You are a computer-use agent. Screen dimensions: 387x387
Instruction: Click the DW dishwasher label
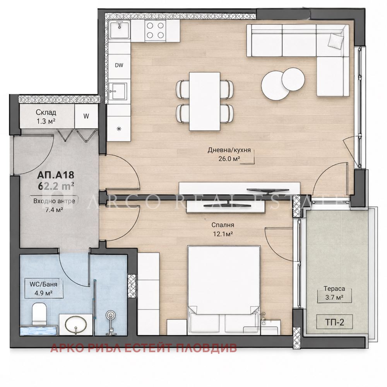[119, 65]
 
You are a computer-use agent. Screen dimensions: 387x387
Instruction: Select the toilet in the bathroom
[39, 314]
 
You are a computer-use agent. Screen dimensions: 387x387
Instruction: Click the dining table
[205, 101]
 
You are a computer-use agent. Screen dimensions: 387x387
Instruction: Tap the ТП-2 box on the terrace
[334, 322]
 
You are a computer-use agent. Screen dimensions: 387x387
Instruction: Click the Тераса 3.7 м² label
[334, 293]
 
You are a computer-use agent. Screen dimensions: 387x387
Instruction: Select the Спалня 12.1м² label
[223, 229]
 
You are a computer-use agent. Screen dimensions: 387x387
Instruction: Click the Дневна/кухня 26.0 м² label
[229, 154]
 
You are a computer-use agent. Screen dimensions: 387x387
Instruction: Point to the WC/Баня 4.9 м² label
[43, 289]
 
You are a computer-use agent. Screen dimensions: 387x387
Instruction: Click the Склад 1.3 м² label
[46, 116]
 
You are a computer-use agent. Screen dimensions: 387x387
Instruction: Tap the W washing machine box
[86, 116]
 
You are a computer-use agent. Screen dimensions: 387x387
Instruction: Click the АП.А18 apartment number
[55, 175]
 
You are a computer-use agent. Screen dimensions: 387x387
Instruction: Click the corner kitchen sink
[120, 30]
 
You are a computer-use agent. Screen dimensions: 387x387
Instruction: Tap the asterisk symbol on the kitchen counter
[119, 128]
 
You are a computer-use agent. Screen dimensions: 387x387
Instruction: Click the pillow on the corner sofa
[336, 40]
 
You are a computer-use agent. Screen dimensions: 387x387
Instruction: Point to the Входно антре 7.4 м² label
[54, 205]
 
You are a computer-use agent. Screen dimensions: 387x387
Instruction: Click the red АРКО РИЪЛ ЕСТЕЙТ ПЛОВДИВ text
[144, 348]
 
